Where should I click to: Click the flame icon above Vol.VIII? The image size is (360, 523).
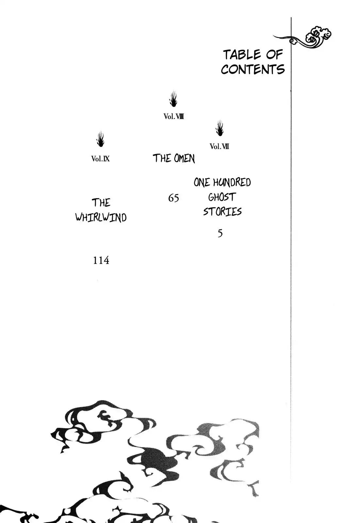[x=173, y=99]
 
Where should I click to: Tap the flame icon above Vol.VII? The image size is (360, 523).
[x=220, y=128]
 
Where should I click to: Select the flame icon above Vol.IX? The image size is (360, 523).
[x=100, y=139]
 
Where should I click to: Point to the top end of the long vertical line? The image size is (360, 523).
[x=291, y=17]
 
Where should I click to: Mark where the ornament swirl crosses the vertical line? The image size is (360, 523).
[x=291, y=39]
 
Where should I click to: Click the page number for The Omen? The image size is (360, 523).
[x=173, y=198]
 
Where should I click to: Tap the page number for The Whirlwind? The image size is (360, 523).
[x=101, y=260]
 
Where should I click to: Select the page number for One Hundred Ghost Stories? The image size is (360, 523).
[x=220, y=233]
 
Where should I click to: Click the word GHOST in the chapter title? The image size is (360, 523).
[x=222, y=197]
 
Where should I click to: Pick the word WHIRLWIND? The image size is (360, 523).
[x=101, y=217]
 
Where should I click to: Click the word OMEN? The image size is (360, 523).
[x=184, y=159]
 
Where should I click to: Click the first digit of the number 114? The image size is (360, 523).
[x=95, y=260]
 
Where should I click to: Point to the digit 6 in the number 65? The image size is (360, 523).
[x=171, y=198]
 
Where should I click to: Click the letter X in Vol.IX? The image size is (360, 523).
[x=107, y=159]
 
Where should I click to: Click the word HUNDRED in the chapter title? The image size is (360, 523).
[x=232, y=182]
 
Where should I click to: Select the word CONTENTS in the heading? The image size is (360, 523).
[x=253, y=70]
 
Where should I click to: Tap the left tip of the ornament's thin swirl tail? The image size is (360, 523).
[x=273, y=36]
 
